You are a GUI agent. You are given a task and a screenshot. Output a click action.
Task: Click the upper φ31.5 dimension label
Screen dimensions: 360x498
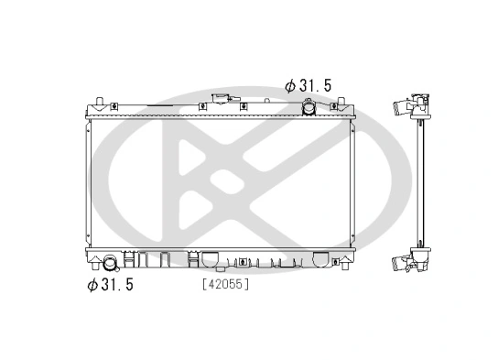coord(308,85)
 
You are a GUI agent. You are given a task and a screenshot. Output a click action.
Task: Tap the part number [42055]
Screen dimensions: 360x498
coord(225,284)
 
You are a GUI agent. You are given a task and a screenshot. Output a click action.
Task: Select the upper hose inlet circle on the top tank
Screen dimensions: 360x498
coord(309,109)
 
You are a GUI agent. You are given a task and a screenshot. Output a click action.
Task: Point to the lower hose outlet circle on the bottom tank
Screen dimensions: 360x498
coord(111,264)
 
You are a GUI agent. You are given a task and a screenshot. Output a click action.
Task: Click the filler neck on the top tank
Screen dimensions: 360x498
coord(221,99)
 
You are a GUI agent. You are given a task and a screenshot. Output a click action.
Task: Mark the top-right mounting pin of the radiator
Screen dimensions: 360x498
coord(346,98)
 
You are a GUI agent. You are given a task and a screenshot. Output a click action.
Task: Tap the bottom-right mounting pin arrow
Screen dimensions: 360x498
coord(346,263)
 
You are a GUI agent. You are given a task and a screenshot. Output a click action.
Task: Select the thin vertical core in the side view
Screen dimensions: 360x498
coord(424,183)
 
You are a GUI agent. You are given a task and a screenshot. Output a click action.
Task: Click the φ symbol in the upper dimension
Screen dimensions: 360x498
coord(289,85)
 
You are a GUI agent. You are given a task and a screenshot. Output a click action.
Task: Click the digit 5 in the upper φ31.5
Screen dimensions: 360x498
coord(326,85)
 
